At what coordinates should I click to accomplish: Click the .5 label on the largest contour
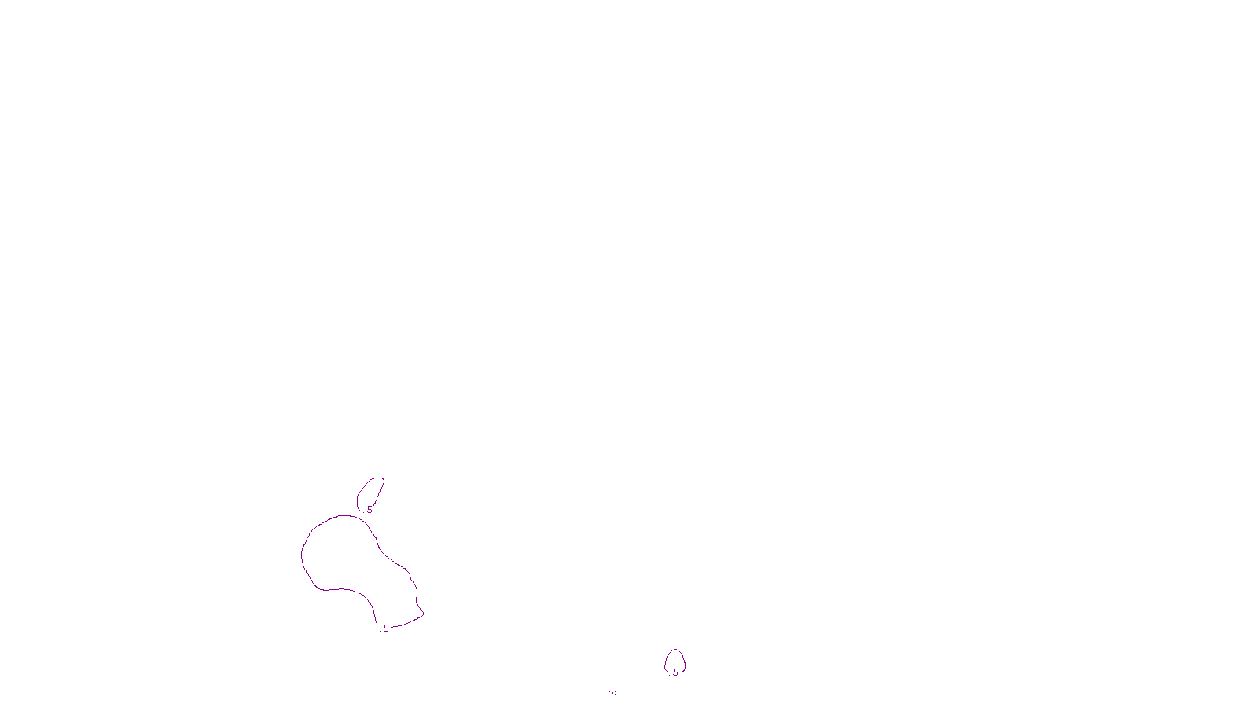point(385,628)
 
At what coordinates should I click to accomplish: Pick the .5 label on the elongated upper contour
point(369,510)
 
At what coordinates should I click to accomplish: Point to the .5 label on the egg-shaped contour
point(675,672)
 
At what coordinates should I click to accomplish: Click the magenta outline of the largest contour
point(303,554)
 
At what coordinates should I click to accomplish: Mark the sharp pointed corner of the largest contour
point(423,614)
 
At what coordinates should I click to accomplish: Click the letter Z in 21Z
point(601,694)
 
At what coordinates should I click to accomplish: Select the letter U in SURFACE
point(618,694)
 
